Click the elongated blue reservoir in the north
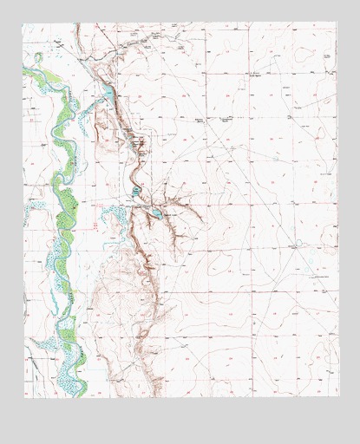(x=108, y=90)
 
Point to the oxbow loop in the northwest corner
(x=37, y=59)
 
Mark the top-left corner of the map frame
(x=23, y=23)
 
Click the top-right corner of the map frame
(x=337, y=23)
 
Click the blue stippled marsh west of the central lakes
(x=111, y=213)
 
